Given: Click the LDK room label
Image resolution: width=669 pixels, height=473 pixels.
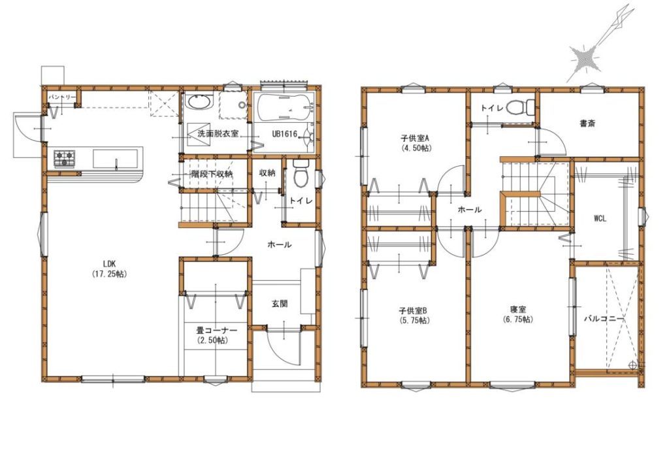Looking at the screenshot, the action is (110, 263).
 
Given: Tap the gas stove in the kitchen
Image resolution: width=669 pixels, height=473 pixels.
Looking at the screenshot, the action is (64, 159).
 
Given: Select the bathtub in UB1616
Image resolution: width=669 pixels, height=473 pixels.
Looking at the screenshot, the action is (284, 106).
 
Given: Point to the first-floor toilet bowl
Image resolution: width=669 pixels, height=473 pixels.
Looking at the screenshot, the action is (301, 173).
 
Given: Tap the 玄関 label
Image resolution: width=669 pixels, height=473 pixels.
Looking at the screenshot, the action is (280, 304).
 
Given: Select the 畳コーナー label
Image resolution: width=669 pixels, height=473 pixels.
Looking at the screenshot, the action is (216, 330).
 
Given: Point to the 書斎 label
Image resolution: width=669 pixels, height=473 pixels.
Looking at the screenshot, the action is (587, 123).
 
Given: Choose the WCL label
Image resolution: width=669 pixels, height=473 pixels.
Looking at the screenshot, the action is (600, 219).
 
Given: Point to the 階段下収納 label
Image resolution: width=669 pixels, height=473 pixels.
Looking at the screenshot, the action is (212, 174).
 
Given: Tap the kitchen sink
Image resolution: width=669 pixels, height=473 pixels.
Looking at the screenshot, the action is (116, 159).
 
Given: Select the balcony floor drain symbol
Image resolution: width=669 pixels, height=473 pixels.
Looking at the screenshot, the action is (632, 365).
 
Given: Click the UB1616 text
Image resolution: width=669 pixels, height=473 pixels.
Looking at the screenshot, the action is (285, 134).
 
